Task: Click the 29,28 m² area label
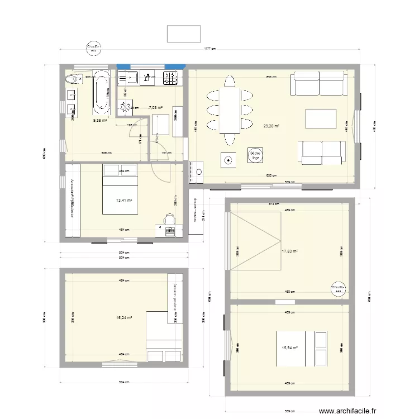270,126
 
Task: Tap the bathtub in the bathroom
101,91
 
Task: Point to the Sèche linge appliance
256,156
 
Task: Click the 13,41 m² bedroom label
123,200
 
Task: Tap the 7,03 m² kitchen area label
155,108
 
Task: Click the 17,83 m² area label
289,251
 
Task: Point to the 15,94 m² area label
289,347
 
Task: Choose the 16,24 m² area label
123,317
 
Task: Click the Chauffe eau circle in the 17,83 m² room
338,288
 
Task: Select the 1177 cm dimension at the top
209,50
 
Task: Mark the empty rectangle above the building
183,34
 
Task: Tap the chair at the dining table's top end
230,82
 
